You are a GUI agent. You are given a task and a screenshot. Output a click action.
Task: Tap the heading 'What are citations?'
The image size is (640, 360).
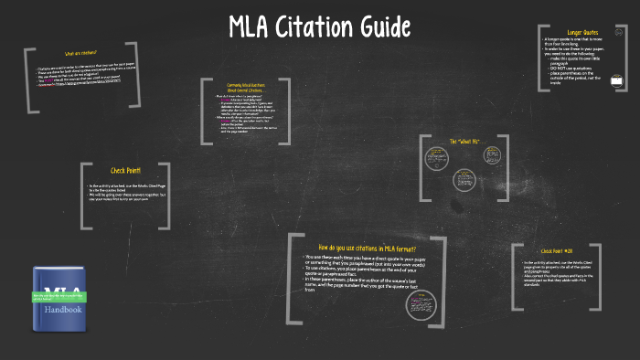click(80, 52)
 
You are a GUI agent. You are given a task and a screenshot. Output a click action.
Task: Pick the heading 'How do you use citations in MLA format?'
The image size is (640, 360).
click(367, 248)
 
